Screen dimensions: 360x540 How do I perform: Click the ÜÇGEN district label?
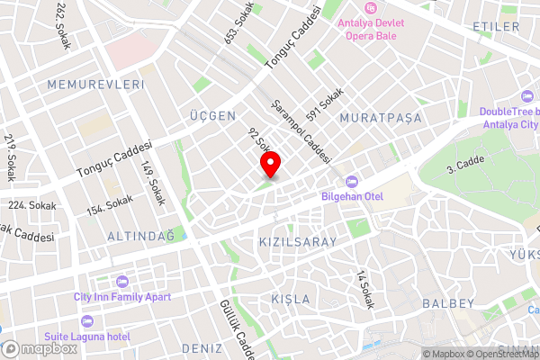pos(212,116)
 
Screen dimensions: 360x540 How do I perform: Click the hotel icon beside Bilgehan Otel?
pos(351,181)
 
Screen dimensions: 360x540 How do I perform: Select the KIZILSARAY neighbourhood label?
pos(297,242)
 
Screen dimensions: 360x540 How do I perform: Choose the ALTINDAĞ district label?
pos(140,235)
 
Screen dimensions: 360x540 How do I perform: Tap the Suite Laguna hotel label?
pos(87,336)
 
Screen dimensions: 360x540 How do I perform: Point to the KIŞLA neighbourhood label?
pos(290,298)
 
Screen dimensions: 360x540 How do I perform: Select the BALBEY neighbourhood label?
pos(446,303)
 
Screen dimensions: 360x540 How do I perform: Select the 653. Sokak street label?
pos(240,23)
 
